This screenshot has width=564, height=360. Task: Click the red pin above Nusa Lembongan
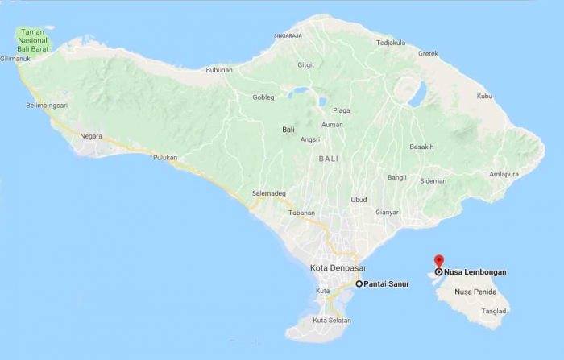(438, 261)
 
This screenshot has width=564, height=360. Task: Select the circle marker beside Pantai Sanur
(359, 284)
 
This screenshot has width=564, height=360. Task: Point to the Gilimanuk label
(16, 59)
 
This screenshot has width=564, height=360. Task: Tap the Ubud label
(359, 200)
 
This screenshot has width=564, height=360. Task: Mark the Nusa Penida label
(474, 292)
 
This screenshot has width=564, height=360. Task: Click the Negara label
(91, 136)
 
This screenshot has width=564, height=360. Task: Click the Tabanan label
(302, 213)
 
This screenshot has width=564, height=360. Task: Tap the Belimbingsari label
(46, 106)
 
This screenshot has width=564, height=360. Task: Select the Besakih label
(421, 147)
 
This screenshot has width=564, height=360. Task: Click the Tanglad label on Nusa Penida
(494, 311)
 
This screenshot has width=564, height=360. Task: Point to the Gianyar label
(388, 213)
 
